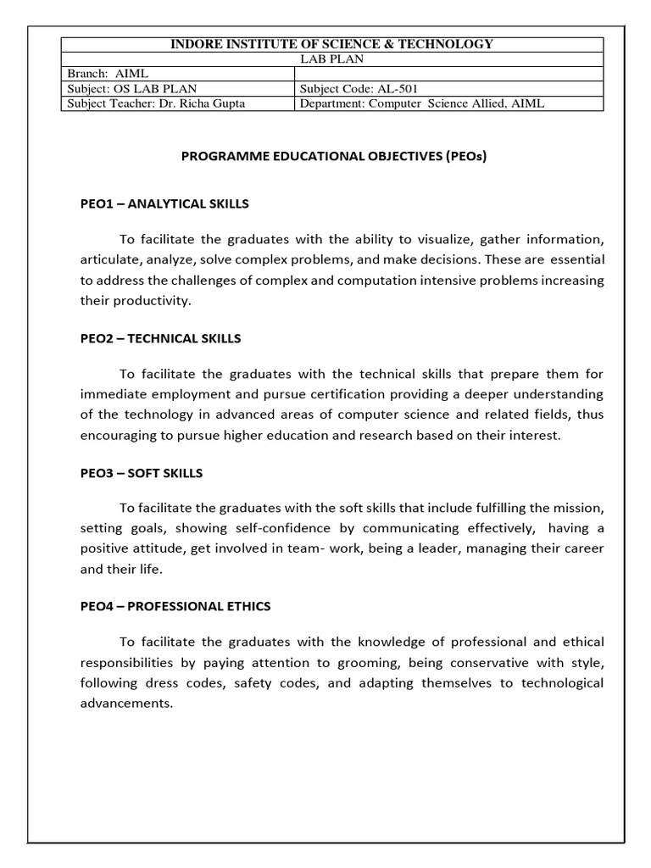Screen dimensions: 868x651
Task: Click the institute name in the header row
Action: (x=333, y=44)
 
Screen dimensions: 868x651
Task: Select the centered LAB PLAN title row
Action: (x=333, y=59)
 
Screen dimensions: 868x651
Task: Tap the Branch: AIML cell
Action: (x=108, y=74)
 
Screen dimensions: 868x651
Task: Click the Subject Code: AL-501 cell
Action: (x=359, y=89)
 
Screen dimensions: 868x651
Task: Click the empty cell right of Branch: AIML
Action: (x=449, y=74)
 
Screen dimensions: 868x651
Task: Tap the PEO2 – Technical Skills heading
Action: (x=160, y=338)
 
